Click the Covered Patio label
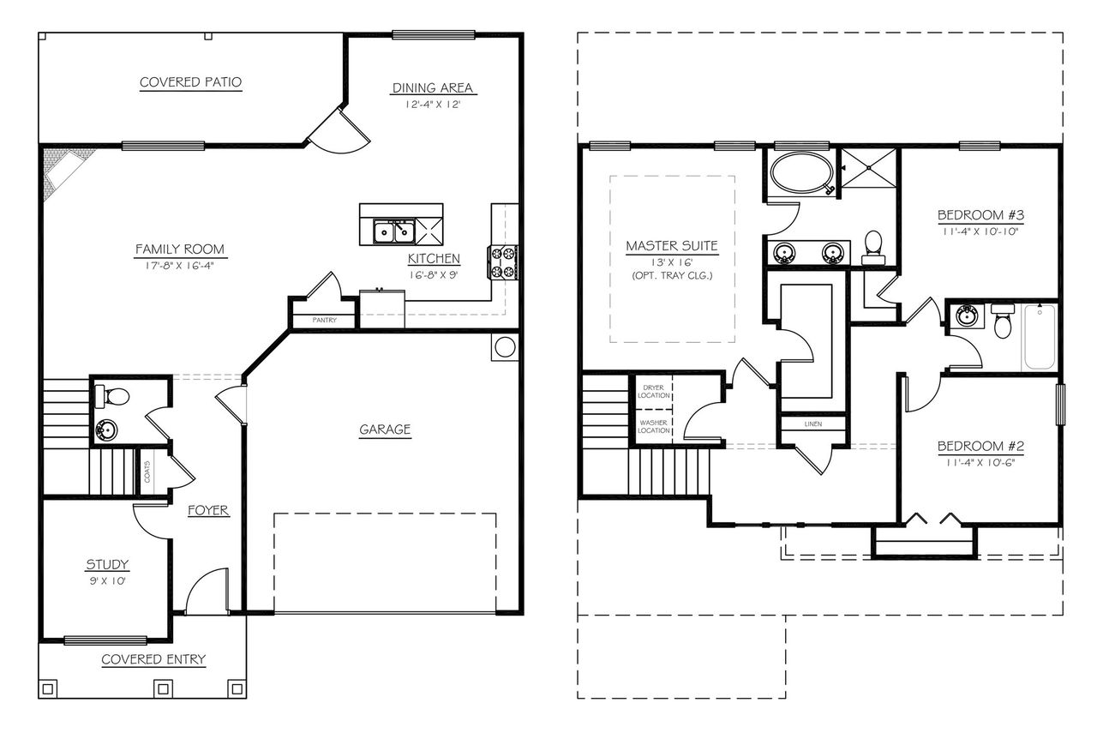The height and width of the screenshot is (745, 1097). pos(190,82)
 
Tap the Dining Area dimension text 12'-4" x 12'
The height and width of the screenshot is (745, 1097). pos(433,105)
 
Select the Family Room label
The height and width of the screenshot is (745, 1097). pos(180,249)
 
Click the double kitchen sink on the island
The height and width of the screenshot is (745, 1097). pos(394,231)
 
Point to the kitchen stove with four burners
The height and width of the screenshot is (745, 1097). pos(502,262)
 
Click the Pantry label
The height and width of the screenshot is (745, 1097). pos(324,321)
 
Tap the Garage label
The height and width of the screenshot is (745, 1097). pos(385,430)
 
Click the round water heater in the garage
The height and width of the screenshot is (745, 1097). pos(504,347)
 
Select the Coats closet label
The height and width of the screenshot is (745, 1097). pos(147,471)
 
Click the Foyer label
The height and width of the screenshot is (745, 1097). pos(208,510)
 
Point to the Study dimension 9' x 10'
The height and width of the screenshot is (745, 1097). pos(107,580)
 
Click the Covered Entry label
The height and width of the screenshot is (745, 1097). pos(153,659)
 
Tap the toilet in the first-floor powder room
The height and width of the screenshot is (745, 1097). pos(113,396)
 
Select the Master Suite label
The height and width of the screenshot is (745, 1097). pos(671,246)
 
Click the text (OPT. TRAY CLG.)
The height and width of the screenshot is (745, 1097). pos(671,275)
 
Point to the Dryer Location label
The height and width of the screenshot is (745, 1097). pos(653,392)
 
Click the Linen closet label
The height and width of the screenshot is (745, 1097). pos(812,424)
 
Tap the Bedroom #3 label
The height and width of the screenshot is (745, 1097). pos(975,214)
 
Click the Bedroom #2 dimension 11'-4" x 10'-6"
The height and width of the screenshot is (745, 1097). pos(980,462)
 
